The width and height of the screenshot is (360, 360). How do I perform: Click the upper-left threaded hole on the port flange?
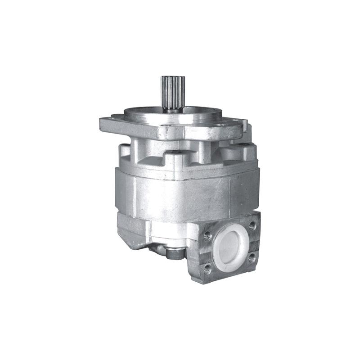tap(208, 234)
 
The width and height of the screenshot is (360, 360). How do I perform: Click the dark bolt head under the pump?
tap(173, 253)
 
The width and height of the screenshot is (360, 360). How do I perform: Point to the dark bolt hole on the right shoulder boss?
tap(243, 145)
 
